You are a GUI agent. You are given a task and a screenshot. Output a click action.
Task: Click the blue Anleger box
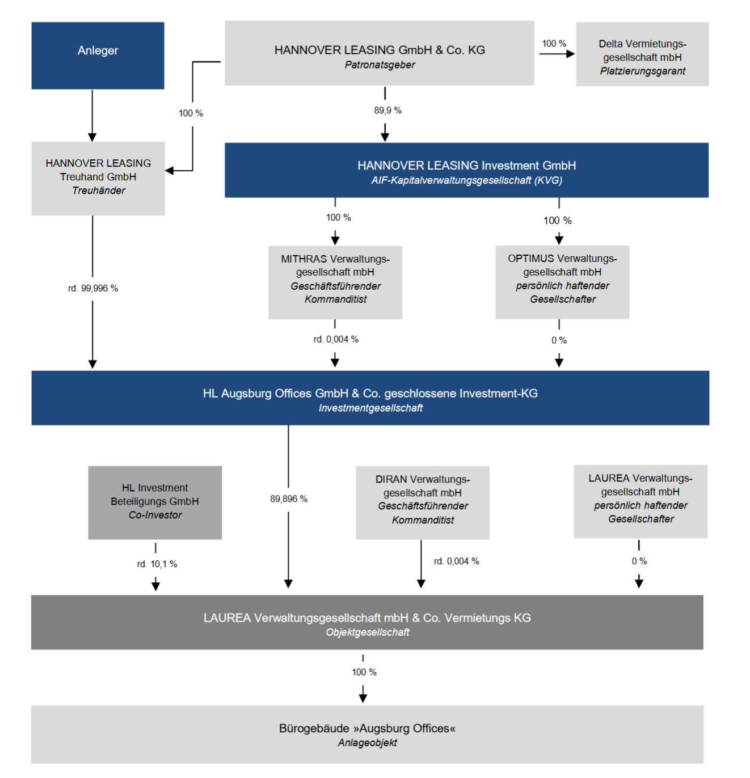coord(98,56)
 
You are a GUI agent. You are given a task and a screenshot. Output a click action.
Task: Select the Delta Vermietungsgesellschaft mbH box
coord(642,54)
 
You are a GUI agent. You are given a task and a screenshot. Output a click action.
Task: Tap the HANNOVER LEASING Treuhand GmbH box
coord(98,178)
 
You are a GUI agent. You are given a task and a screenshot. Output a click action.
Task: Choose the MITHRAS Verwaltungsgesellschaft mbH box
coord(335,282)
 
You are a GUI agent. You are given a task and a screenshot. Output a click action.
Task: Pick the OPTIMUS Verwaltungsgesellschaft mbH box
coord(562,282)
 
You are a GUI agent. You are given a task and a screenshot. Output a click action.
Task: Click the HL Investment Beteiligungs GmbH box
coord(155,502)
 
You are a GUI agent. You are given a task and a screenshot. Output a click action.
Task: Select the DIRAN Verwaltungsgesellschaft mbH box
coord(423,502)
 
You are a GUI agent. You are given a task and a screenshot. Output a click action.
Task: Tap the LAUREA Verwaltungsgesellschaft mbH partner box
coord(641,501)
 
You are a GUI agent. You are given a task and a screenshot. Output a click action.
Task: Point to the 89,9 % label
coord(387,111)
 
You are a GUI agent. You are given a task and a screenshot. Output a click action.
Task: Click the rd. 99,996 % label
coord(93,288)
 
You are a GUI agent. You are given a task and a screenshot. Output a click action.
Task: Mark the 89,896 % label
coord(289,499)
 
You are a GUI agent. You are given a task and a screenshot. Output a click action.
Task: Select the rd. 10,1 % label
coord(157,564)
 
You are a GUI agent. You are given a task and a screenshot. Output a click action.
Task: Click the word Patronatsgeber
coord(380,65)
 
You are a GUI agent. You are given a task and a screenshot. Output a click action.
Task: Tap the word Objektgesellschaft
coord(367,632)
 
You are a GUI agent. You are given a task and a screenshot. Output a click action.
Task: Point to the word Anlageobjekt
coord(367,742)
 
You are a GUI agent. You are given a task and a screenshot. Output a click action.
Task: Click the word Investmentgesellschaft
coord(370,408)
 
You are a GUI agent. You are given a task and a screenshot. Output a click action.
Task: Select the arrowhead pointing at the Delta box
coord(571,53)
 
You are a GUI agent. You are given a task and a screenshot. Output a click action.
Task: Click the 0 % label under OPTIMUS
coord(559,340)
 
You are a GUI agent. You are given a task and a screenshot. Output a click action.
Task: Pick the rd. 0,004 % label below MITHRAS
coord(336,340)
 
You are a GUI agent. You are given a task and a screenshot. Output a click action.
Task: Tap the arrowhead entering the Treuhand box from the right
coord(170,171)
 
